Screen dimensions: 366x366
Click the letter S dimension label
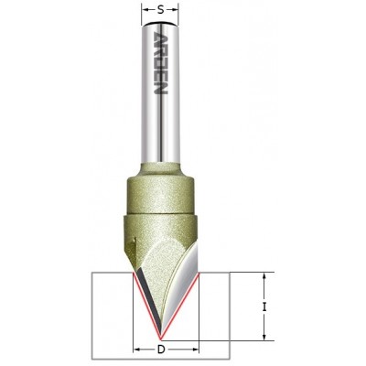click(x=162, y=9)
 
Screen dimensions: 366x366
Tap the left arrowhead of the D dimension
click(x=136, y=350)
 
